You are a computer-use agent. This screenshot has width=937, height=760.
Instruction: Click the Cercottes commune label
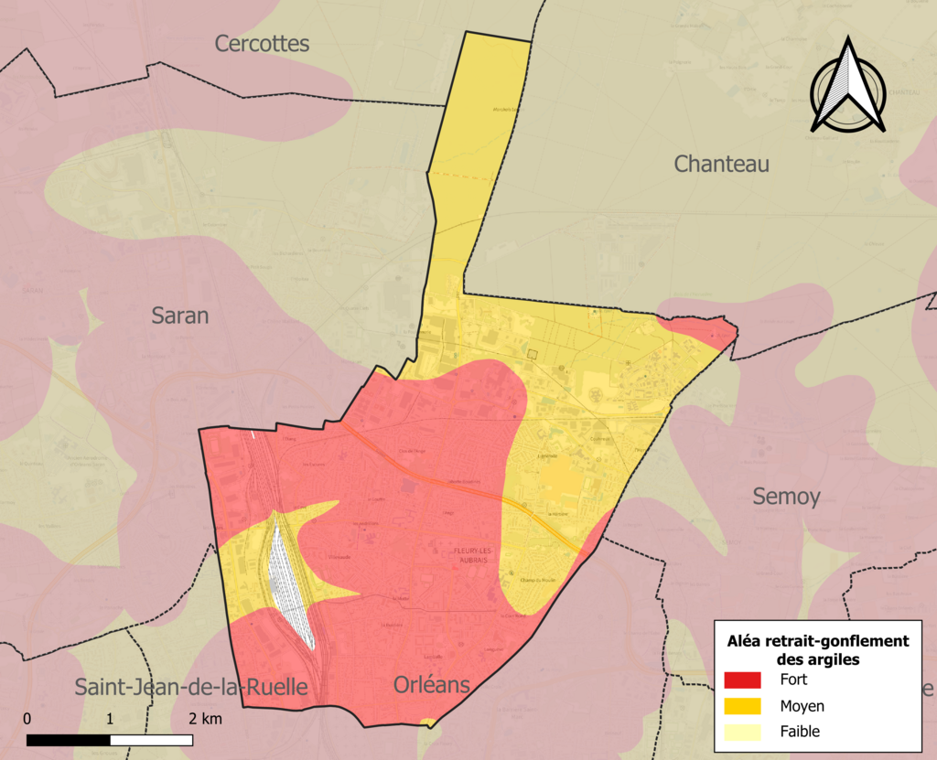tap(262, 43)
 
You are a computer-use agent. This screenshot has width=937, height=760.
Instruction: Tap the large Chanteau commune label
tap(721, 164)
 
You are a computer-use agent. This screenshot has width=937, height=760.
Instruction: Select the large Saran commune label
tap(179, 316)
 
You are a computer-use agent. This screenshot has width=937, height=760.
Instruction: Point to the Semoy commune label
tap(786, 497)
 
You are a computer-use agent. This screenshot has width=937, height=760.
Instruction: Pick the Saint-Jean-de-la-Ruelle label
tap(190, 687)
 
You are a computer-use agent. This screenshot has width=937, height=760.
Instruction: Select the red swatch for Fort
tap(742, 680)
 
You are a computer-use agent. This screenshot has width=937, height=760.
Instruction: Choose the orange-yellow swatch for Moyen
tap(742, 706)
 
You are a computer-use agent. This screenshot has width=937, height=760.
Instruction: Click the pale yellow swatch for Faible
tap(742, 732)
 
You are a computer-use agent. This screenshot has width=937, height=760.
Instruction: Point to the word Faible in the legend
tap(800, 732)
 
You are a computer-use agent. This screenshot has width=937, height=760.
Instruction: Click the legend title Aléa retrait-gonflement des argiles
tap(817, 649)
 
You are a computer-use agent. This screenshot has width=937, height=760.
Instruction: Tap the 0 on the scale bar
tap(27, 718)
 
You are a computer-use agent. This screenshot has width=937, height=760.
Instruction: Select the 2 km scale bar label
tap(205, 718)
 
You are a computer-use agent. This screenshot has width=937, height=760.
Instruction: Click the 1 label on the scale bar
tap(110, 718)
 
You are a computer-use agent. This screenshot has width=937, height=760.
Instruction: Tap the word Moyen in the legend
tap(802, 706)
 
